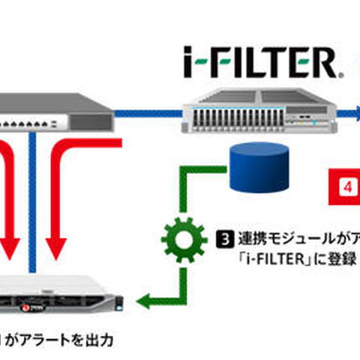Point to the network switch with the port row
coord(52,113)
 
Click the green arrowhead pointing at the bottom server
coord(147,303)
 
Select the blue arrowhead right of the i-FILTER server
coord(355,113)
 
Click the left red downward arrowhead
coord(10,244)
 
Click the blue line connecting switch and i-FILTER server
coord(150,113)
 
